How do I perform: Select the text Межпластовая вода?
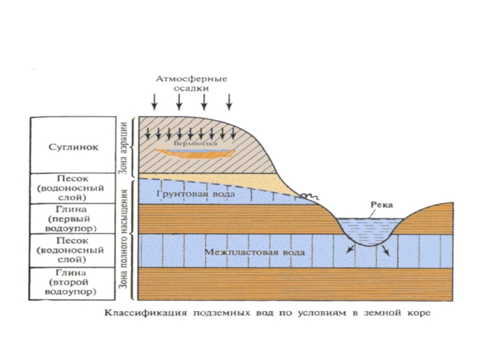[x=254, y=252]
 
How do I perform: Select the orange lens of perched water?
[x=192, y=154]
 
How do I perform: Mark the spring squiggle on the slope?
[x=307, y=196]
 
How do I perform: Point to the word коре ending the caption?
[x=417, y=313]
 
